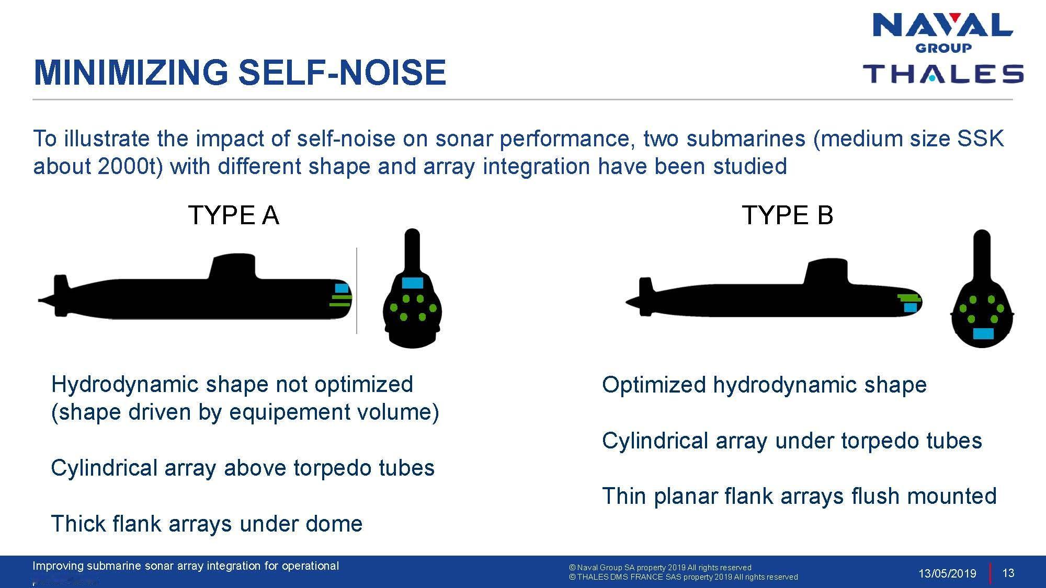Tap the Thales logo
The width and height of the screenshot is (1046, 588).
tap(943, 74)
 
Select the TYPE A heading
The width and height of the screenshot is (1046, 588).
tap(233, 215)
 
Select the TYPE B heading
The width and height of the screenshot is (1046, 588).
tap(787, 215)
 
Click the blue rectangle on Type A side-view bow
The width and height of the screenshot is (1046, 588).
tap(342, 288)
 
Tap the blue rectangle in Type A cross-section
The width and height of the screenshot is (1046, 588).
tap(412, 283)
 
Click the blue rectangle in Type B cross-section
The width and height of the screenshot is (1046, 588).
tap(983, 333)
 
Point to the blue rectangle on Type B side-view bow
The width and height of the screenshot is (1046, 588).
tap(911, 308)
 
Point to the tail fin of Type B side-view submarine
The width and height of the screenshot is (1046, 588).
tap(646, 297)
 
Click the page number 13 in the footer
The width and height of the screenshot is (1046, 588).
tap(1008, 573)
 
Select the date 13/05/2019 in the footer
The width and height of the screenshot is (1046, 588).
tap(947, 573)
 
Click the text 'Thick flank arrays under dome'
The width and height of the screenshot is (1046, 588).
tap(207, 524)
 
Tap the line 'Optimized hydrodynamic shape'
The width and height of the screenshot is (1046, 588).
tap(764, 385)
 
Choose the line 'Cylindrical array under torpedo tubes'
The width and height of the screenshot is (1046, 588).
tap(792, 441)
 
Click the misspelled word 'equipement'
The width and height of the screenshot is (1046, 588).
tap(290, 413)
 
